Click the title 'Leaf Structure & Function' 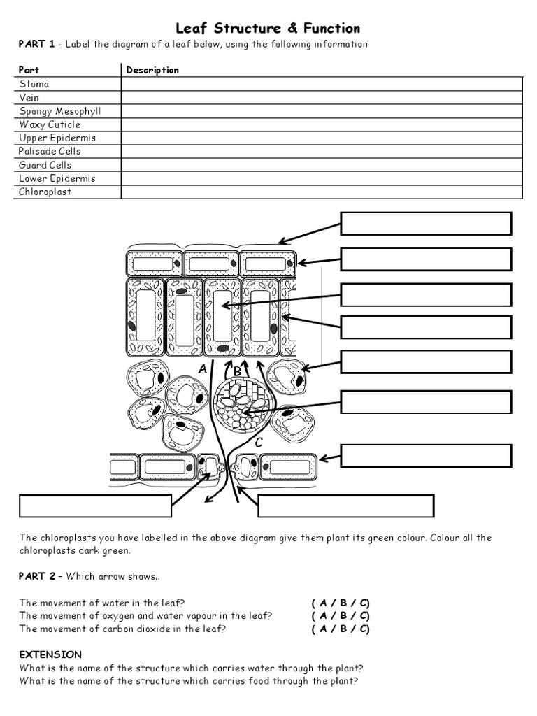click(268, 29)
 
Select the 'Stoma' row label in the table click(34, 84)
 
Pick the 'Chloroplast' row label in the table click(45, 192)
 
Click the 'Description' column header click(152, 70)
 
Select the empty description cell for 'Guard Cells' click(322, 165)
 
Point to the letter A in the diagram click(203, 368)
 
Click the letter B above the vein click(237, 371)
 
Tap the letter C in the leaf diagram click(258, 442)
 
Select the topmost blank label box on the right click(426, 223)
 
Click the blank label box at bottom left click(95, 506)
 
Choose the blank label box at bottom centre click(345, 506)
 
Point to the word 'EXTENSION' click(50, 654)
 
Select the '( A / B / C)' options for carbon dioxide click(341, 629)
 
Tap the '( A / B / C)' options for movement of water click(341, 602)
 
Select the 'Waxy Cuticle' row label click(50, 124)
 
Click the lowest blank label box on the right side click(426, 455)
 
